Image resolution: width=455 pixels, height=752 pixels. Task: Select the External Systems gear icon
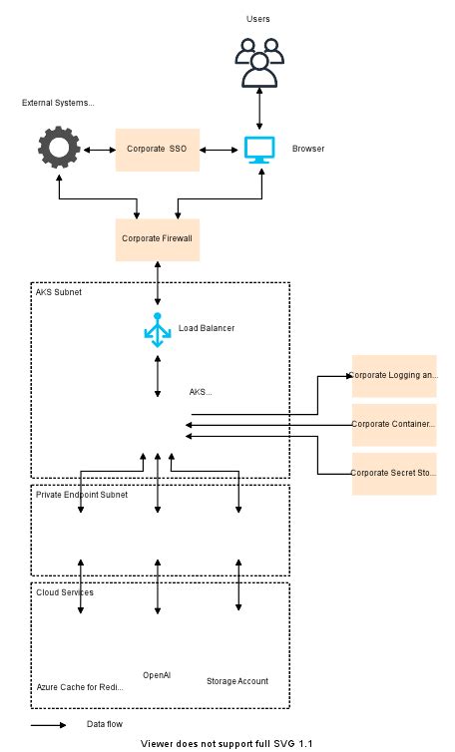pos(59,149)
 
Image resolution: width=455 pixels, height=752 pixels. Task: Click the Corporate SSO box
pos(158,149)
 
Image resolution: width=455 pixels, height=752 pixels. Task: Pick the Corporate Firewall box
pos(158,239)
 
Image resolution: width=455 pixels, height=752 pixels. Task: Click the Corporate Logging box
pos(394,376)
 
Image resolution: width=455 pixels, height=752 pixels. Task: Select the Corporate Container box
pos(394,425)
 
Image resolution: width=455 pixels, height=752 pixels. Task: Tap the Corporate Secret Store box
pos(394,474)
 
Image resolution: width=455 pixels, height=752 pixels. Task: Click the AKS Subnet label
pos(59,293)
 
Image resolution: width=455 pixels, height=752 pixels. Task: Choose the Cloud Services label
pos(65,592)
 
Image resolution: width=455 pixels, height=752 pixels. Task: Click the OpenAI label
pos(157,675)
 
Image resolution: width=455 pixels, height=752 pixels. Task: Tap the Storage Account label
pos(237,681)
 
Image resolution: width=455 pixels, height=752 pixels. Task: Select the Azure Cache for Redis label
pos(81,688)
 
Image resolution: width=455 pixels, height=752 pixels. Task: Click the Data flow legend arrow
pos(48,725)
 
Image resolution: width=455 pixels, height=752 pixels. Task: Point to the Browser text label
pos(307,150)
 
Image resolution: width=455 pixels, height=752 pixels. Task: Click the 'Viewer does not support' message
pos(227,744)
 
